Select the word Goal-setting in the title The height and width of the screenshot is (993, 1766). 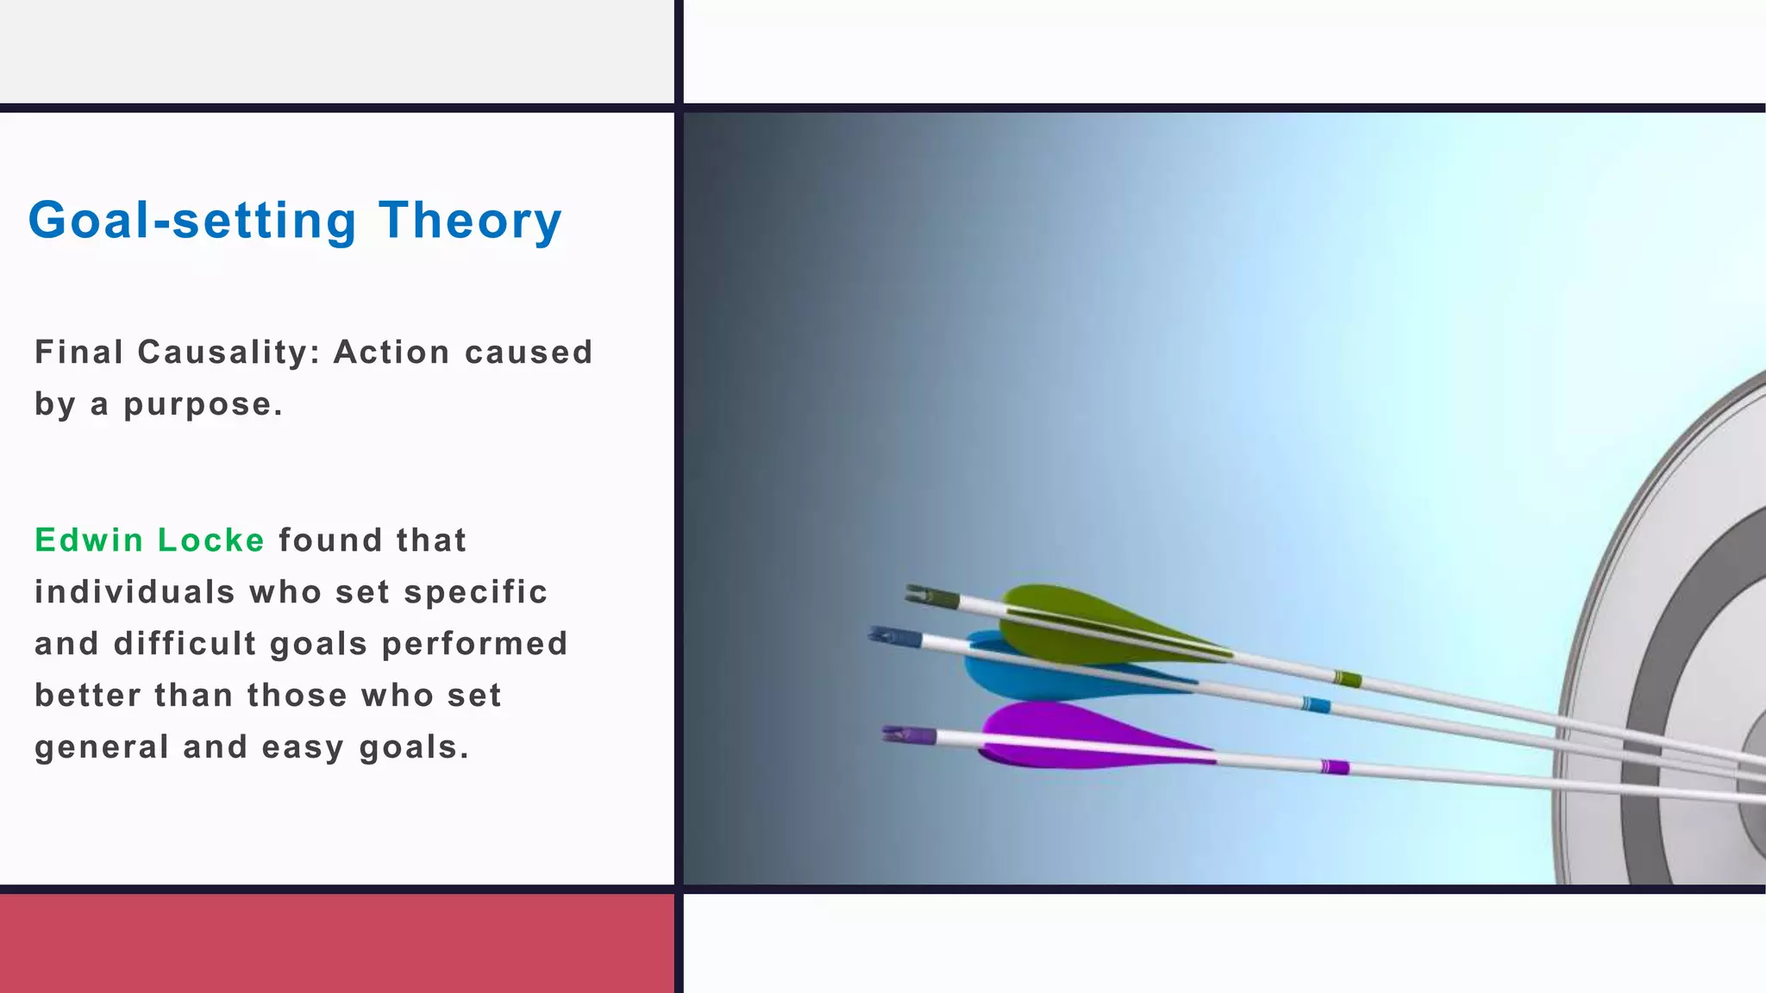(192, 221)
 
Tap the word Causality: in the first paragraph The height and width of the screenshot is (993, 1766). (229, 353)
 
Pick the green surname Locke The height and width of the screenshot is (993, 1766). (211, 540)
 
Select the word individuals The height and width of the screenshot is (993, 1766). (135, 592)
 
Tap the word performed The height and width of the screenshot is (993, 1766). (475, 644)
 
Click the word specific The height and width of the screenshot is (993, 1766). (476, 593)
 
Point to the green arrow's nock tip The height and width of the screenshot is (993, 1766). (907, 590)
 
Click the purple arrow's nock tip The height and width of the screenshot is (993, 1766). (885, 734)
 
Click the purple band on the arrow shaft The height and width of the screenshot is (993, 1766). (1335, 766)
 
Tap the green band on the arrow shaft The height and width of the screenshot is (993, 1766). (1347, 678)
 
